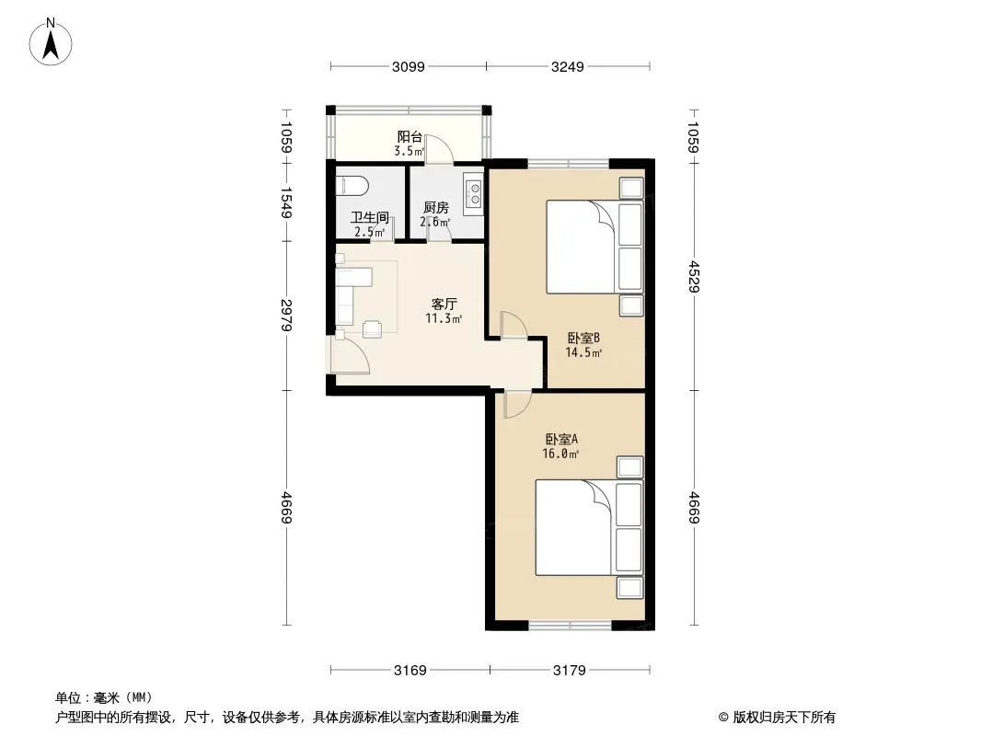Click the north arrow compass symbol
coord(51,41)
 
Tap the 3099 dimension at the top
coord(408,66)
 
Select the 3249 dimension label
coord(568,66)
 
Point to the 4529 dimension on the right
coord(693,276)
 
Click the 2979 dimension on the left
coord(286,316)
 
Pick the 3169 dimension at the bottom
coord(410,671)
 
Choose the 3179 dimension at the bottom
coord(570,671)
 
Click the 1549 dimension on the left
coord(286,202)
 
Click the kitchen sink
coord(474,192)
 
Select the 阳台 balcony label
coord(410,137)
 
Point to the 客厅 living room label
coord(444,305)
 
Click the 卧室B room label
coord(583,339)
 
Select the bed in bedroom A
coord(589,527)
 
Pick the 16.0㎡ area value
coord(560,454)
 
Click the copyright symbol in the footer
coord(723,718)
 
